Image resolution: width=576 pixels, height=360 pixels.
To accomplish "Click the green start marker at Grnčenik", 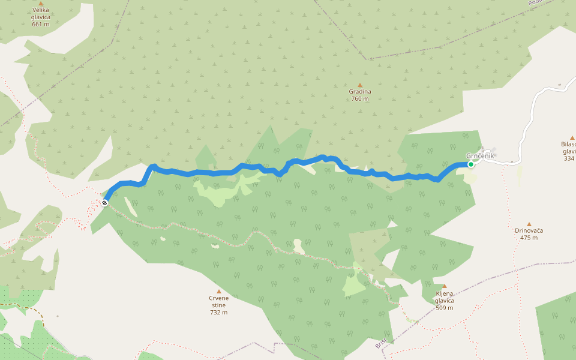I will (x=471, y=164).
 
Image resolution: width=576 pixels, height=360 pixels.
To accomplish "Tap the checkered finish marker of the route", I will (x=104, y=203).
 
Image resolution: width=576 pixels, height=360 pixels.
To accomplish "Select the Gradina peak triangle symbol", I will (x=360, y=85).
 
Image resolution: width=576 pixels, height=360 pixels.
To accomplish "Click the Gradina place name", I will (x=360, y=92).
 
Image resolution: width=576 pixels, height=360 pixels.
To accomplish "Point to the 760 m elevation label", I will (x=360, y=99).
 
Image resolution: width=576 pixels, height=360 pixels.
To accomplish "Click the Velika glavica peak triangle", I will (x=41, y=4).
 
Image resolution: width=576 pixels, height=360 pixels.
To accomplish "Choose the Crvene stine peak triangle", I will (x=218, y=292).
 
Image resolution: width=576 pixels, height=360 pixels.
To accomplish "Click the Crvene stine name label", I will (x=218, y=302).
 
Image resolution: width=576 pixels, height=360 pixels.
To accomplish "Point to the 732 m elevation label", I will (x=218, y=313).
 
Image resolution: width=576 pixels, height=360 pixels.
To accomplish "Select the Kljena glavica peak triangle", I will (x=444, y=286).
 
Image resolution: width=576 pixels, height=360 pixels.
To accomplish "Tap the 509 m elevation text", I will (x=445, y=308).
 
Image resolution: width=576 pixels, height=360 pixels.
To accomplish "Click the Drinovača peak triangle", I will (x=529, y=224).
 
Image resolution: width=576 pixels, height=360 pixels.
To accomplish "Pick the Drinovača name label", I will (x=529, y=230).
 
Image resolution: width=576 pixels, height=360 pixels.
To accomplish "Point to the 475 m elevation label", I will (x=529, y=238).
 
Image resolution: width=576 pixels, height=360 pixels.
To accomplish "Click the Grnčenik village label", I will (x=479, y=156).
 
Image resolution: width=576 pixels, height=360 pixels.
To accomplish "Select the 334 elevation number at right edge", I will (x=569, y=158).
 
